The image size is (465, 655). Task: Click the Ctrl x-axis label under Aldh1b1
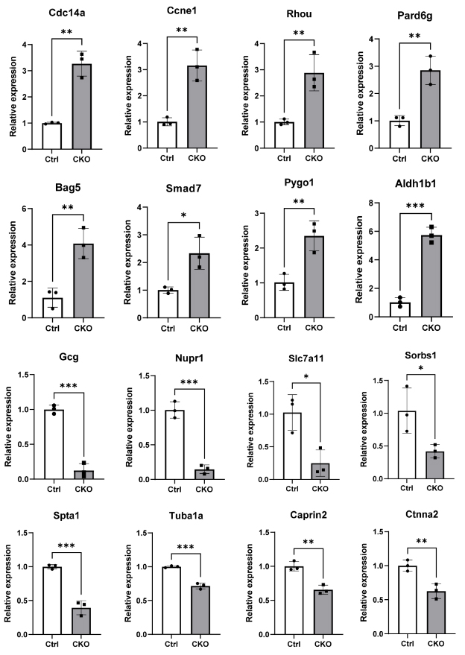(399, 328)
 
